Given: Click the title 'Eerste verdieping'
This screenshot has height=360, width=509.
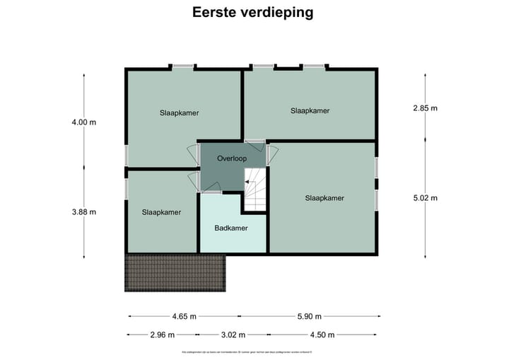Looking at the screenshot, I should click(x=253, y=13).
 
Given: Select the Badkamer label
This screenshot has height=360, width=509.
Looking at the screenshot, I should click(x=231, y=228).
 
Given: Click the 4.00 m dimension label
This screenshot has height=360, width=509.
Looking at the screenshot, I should click(x=83, y=122).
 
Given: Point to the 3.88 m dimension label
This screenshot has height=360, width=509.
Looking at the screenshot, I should click(x=83, y=211).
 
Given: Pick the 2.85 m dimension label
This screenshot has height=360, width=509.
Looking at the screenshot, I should click(x=426, y=108).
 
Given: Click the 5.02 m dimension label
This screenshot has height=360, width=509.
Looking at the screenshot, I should click(x=426, y=198).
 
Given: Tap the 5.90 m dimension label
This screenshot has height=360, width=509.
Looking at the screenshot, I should click(x=308, y=316).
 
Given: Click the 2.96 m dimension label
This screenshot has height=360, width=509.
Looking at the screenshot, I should click(x=162, y=335).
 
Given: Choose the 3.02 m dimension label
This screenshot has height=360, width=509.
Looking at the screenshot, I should click(x=233, y=335).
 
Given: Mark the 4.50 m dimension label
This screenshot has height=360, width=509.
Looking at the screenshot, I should click(x=322, y=335).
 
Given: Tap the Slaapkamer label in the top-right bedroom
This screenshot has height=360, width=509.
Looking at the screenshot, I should click(x=310, y=110).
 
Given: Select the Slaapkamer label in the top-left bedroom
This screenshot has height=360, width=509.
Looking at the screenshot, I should click(x=179, y=112).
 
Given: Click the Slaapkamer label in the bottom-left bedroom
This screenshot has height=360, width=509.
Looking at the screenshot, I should click(x=161, y=212).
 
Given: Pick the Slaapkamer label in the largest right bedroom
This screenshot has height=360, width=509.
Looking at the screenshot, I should click(x=324, y=198).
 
